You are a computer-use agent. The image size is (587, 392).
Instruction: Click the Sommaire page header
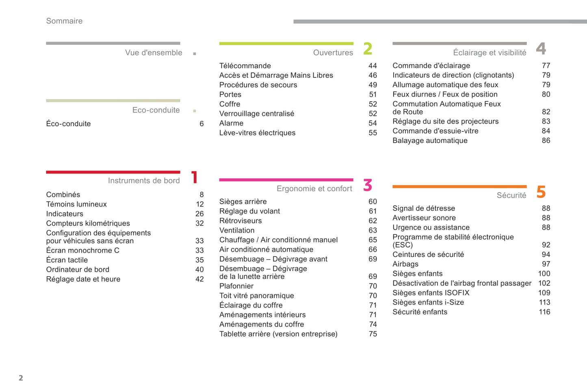click(x=64, y=21)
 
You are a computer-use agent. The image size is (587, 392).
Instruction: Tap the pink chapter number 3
click(x=368, y=185)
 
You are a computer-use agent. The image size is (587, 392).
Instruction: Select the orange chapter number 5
click(x=541, y=192)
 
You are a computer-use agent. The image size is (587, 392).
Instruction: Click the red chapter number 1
click(x=195, y=177)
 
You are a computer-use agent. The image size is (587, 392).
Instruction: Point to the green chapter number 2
click(x=368, y=49)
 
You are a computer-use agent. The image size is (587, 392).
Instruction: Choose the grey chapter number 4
click(x=541, y=49)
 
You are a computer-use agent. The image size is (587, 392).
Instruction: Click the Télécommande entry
click(x=245, y=66)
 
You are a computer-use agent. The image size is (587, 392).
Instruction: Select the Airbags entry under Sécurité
click(x=405, y=264)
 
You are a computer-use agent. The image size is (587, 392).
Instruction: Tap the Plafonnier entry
click(x=236, y=286)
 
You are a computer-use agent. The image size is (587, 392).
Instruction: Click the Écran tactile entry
click(x=67, y=260)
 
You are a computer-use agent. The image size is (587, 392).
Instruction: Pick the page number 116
click(x=544, y=312)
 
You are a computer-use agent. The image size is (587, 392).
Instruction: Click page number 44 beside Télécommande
click(x=373, y=66)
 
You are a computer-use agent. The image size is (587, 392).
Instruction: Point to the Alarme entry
click(x=231, y=124)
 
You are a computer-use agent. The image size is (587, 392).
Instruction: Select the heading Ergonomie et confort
click(x=314, y=189)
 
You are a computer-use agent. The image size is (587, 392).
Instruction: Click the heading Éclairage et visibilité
click(x=489, y=53)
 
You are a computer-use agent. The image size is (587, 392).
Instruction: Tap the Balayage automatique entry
click(x=430, y=141)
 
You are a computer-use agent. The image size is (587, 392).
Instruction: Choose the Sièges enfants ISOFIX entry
click(x=431, y=293)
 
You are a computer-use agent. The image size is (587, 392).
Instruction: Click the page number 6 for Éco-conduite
click(x=201, y=124)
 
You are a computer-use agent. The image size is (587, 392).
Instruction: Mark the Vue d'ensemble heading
click(x=154, y=53)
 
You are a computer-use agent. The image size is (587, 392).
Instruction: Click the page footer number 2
click(x=21, y=378)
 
